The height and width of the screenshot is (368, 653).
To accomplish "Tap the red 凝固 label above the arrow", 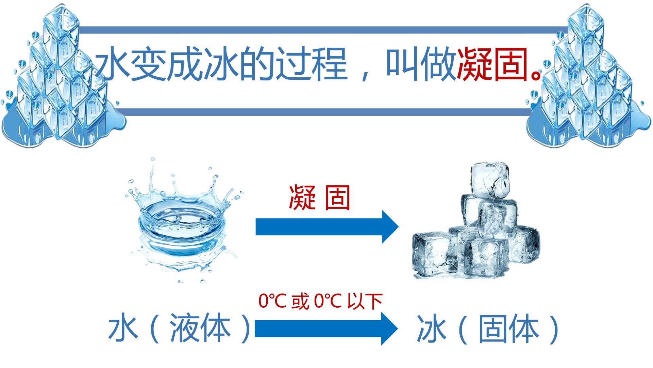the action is tap(319, 198).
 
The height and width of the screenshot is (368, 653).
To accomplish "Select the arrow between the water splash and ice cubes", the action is tap(327, 227).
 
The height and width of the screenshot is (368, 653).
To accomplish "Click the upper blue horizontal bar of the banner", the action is tap(323, 30).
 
